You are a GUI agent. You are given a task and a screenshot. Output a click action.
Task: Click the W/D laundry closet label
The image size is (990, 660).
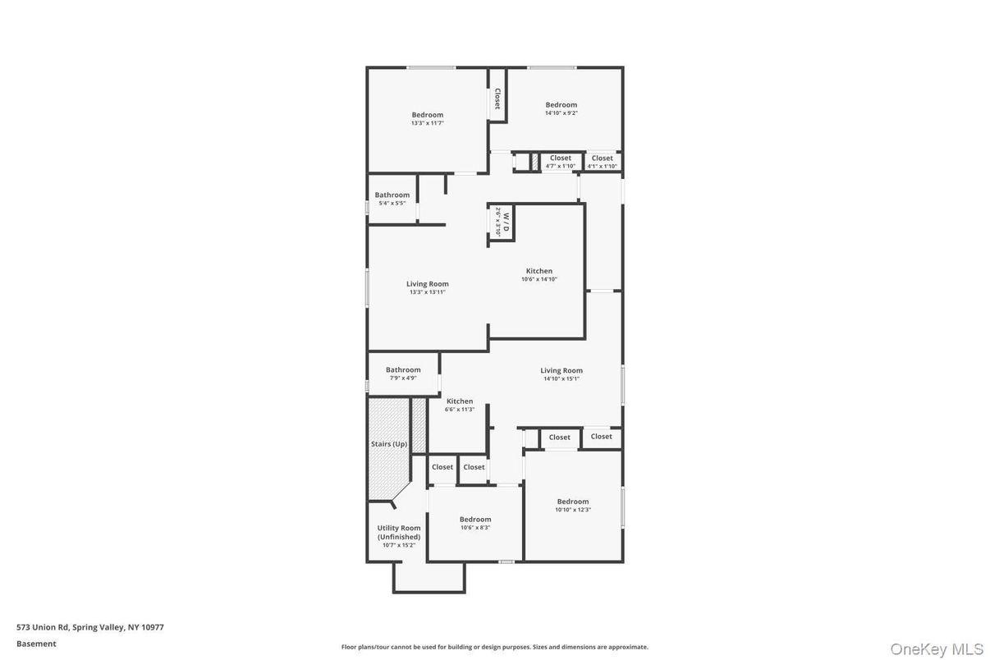pyautogui.click(x=502, y=222)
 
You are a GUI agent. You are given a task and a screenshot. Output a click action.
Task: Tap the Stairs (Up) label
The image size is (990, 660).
pyautogui.click(x=388, y=444)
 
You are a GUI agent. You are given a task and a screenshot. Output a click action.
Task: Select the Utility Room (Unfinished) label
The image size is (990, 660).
pyautogui.click(x=399, y=533)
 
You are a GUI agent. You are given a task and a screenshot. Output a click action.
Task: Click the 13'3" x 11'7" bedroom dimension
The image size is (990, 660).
pyautogui.click(x=427, y=123)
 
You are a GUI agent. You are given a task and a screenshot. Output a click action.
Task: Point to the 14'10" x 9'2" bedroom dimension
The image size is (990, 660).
pyautogui.click(x=561, y=113)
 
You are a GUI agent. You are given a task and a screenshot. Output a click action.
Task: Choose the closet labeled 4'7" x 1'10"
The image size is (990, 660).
pyautogui.click(x=560, y=162)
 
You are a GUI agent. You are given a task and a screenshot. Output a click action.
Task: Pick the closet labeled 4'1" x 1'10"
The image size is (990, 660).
pyautogui.click(x=602, y=162)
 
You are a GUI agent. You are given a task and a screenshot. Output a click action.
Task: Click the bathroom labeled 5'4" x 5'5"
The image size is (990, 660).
pyautogui.click(x=392, y=199)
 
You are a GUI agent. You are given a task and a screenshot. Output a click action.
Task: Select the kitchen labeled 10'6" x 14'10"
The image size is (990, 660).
pyautogui.click(x=539, y=275)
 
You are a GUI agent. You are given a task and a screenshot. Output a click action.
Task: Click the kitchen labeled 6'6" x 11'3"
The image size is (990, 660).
pyautogui.click(x=460, y=405)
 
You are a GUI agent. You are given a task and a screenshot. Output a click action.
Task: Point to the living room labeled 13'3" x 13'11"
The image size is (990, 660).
pyautogui.click(x=427, y=287)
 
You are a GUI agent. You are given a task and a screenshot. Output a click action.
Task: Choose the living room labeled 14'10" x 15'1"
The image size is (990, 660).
pyautogui.click(x=561, y=374)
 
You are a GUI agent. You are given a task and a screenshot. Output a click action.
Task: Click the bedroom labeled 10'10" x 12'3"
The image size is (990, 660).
pyautogui.click(x=572, y=506)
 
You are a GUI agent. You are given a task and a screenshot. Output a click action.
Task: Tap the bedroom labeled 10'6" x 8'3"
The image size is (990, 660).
pyautogui.click(x=475, y=523)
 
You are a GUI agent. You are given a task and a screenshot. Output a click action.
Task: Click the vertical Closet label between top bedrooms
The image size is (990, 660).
pyautogui.click(x=497, y=99)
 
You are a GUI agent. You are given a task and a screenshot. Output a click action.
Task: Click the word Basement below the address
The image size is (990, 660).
pyautogui.click(x=36, y=644)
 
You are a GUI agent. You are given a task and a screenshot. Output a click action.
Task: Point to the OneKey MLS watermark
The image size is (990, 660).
pyautogui.click(x=937, y=649)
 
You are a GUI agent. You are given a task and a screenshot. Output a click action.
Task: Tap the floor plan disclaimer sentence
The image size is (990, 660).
pyautogui.click(x=494, y=647)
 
